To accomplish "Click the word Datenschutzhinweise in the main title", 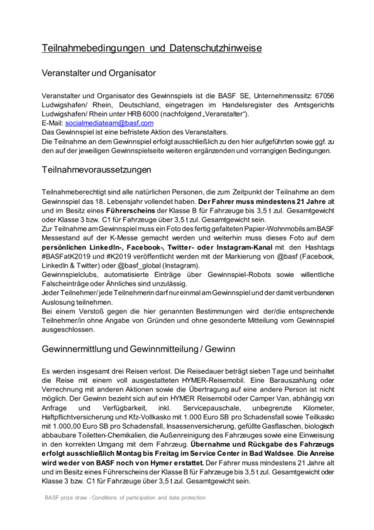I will [215, 48].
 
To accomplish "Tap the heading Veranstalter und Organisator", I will [99, 73].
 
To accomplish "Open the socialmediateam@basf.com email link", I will [109, 123].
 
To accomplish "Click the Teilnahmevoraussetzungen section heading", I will [96, 170].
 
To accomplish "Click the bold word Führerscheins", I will [130, 211].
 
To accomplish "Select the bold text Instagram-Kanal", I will [244, 248].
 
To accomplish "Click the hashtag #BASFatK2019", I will [66, 257].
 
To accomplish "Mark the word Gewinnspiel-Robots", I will [239, 275].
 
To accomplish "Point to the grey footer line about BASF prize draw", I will [125, 498].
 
